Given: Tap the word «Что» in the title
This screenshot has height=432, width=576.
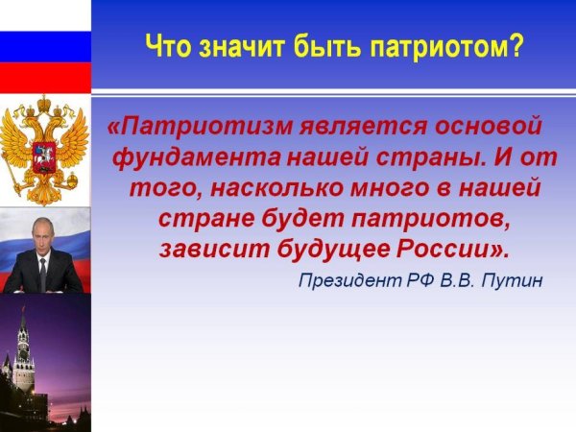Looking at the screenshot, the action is (168, 45).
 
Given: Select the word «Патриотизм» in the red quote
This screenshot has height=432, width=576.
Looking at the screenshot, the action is (206, 126).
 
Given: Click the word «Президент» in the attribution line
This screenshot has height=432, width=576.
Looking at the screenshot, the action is (350, 281).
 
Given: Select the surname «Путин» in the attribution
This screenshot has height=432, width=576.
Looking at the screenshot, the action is (512, 281).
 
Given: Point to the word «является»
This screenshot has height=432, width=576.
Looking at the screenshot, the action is (363, 127).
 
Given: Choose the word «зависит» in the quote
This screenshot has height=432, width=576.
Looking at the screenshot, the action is (215, 250).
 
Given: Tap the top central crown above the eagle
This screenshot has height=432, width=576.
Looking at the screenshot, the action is (44, 104).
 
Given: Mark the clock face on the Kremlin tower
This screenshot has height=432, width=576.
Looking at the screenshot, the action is (23, 355).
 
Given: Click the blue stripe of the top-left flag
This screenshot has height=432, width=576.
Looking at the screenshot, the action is (45, 47).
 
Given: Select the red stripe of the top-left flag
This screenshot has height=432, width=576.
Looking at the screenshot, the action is (45, 78).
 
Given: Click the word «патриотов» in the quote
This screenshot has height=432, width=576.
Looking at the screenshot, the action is (430, 220).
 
